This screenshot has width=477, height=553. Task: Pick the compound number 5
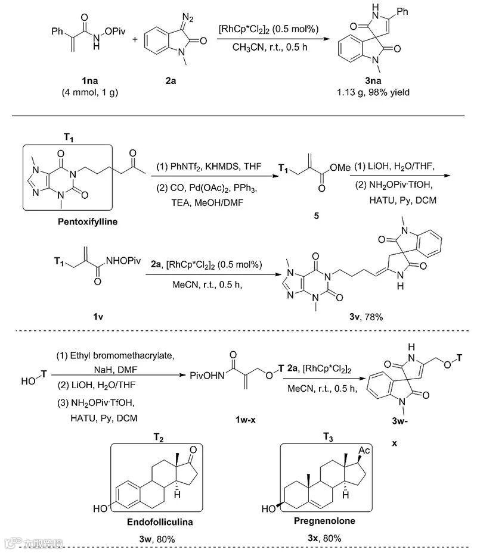click(x=308, y=217)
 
